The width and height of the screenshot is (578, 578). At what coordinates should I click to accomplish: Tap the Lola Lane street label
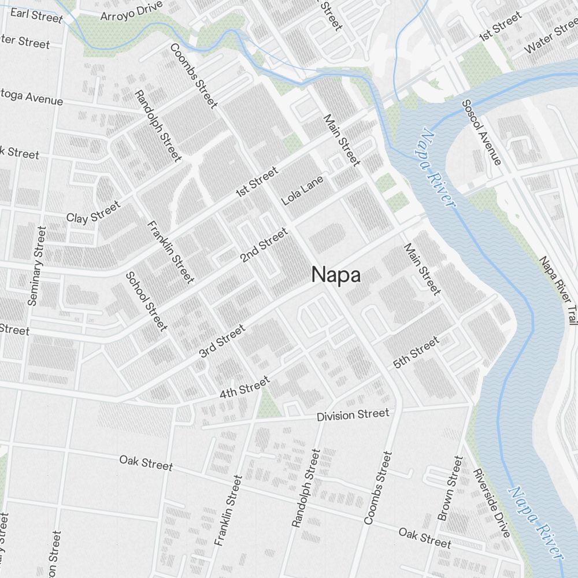pyautogui.click(x=302, y=190)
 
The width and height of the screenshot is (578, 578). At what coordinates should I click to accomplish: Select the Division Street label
pyautogui.click(x=353, y=414)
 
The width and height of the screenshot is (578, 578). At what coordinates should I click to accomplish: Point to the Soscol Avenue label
pyautogui.click(x=481, y=132)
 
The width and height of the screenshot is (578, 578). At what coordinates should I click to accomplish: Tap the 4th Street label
pyautogui.click(x=244, y=387)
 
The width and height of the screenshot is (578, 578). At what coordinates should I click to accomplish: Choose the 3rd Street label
pyautogui.click(x=222, y=340)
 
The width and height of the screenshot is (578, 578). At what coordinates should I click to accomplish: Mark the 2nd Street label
pyautogui.click(x=264, y=246)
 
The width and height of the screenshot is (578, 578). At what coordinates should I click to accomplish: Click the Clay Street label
pyautogui.click(x=94, y=212)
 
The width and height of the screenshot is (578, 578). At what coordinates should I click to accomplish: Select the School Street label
pyautogui.click(x=146, y=301)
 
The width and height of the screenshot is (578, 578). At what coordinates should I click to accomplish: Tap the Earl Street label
pyautogui.click(x=36, y=15)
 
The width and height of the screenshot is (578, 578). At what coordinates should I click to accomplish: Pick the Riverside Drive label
pyautogui.click(x=491, y=502)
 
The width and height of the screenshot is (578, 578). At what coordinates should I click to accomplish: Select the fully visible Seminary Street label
pyautogui.click(x=36, y=265)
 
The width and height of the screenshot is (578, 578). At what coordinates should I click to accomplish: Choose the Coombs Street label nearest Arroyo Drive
pyautogui.click(x=194, y=75)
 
